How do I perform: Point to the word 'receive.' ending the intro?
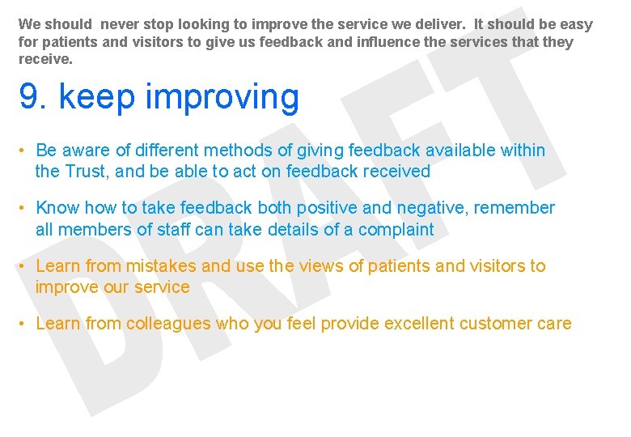(x=44, y=59)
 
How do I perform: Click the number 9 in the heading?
(x=28, y=97)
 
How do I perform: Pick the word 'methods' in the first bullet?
(x=236, y=151)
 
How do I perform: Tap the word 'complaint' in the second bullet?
(x=396, y=230)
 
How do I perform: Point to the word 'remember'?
(x=515, y=208)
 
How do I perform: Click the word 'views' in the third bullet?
(x=321, y=265)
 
